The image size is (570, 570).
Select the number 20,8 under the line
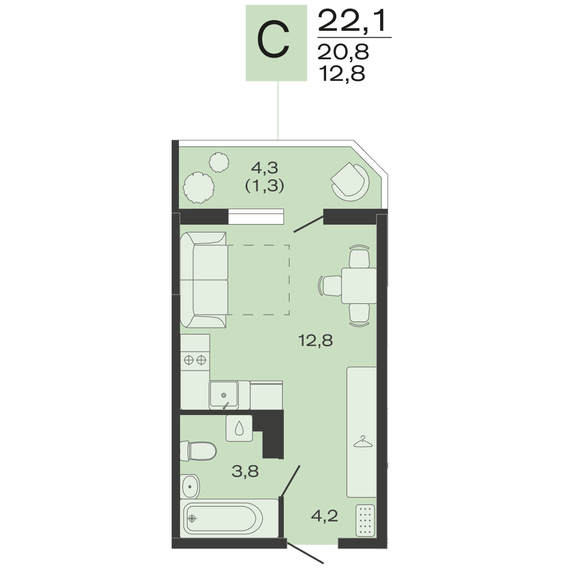coord(343,52)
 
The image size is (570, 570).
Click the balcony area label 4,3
coord(264,168)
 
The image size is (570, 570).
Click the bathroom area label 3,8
coord(245,471)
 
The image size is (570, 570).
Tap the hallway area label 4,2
coord(325,515)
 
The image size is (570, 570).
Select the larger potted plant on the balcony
coord(198,188)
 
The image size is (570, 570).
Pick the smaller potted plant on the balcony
coord(219,162)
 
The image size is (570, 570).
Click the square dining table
coord(359,286)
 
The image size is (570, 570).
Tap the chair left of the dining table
coord(330,286)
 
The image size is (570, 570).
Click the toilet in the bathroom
coord(198,451)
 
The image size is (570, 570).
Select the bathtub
coord(229,518)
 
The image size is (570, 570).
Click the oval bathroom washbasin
coord(190,486)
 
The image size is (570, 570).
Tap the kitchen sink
coord(223,395)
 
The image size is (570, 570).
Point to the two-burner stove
coord(195,360)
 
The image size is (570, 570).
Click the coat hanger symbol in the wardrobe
coord(363,442)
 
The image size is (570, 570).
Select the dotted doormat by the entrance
coord(365,520)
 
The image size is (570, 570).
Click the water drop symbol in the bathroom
coord(239,428)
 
